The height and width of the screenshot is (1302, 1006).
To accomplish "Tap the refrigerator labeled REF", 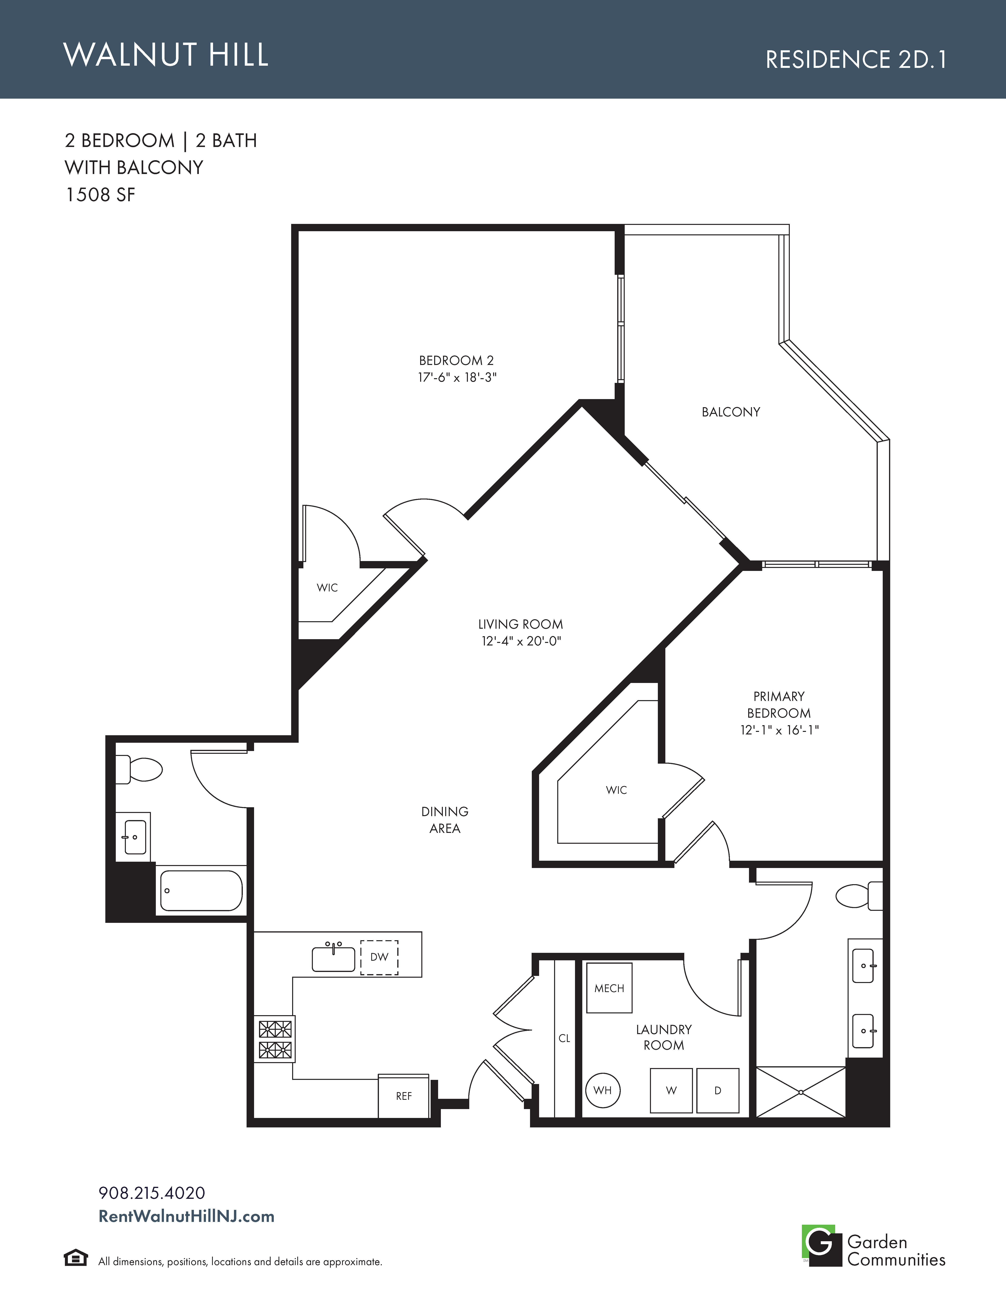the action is coord(403,1096).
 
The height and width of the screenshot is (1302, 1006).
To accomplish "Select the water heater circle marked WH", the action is coord(603,1090).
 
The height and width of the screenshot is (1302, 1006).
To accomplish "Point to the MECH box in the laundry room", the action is coord(609,988).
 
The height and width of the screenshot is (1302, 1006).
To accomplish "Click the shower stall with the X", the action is coord(801,1092).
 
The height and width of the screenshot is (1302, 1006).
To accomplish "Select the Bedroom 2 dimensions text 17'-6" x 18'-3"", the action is coord(457,377).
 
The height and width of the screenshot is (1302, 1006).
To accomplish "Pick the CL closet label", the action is coord(564,1038).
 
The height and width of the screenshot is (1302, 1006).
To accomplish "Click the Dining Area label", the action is coord(445,820).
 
